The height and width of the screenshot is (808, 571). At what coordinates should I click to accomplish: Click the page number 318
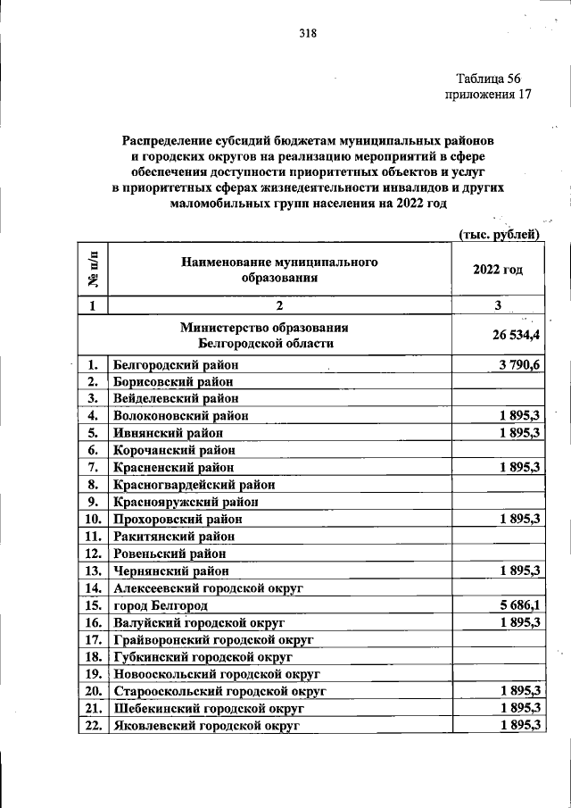tap(308, 35)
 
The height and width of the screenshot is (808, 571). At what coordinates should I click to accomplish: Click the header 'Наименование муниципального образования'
tap(279, 270)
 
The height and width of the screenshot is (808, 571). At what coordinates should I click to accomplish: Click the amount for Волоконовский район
tap(522, 416)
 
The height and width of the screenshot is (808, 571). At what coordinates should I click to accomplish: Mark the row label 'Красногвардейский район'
tap(194, 485)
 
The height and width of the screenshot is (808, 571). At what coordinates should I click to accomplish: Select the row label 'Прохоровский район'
tap(178, 520)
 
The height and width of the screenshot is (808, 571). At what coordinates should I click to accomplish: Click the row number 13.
tap(91, 571)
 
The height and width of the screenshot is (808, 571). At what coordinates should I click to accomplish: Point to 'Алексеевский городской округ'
tap(209, 588)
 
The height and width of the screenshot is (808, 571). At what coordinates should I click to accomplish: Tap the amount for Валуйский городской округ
tap(522, 622)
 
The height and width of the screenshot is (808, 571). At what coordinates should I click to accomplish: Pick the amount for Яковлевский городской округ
tap(522, 726)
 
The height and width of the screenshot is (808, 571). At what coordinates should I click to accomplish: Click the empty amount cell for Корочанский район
tap(498, 450)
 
